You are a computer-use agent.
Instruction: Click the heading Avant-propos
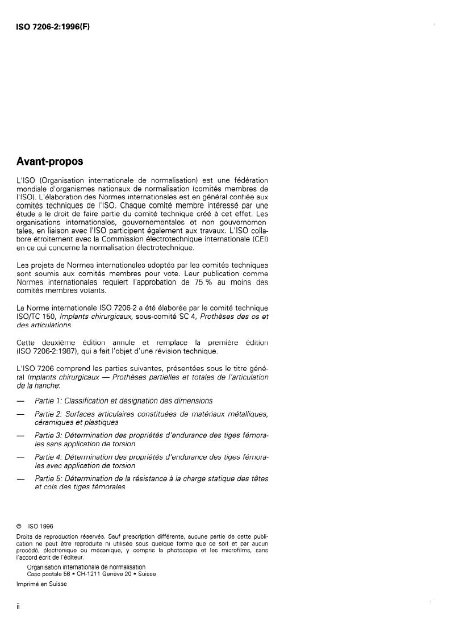point(51,161)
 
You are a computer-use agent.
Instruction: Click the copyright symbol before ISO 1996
point(19,526)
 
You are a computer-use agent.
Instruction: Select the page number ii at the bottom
point(19,606)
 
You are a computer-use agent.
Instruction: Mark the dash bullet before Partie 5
point(21,479)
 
